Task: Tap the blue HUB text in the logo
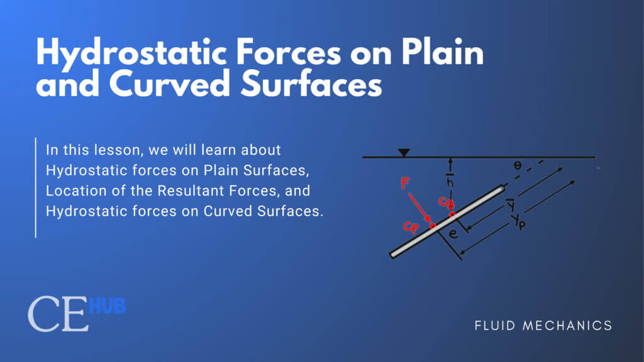tap(107, 306)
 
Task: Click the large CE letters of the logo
tap(58, 314)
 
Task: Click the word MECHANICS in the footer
tap(567, 326)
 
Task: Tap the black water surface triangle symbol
tap(404, 153)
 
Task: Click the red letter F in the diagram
tap(406, 183)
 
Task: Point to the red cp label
tap(411, 226)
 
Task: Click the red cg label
tap(446, 203)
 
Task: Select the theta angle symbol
tap(518, 165)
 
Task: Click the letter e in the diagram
tap(453, 234)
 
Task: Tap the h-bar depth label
tap(450, 180)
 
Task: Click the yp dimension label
tap(518, 223)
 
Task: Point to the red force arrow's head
tap(429, 222)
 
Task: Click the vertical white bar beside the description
tap(36, 187)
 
